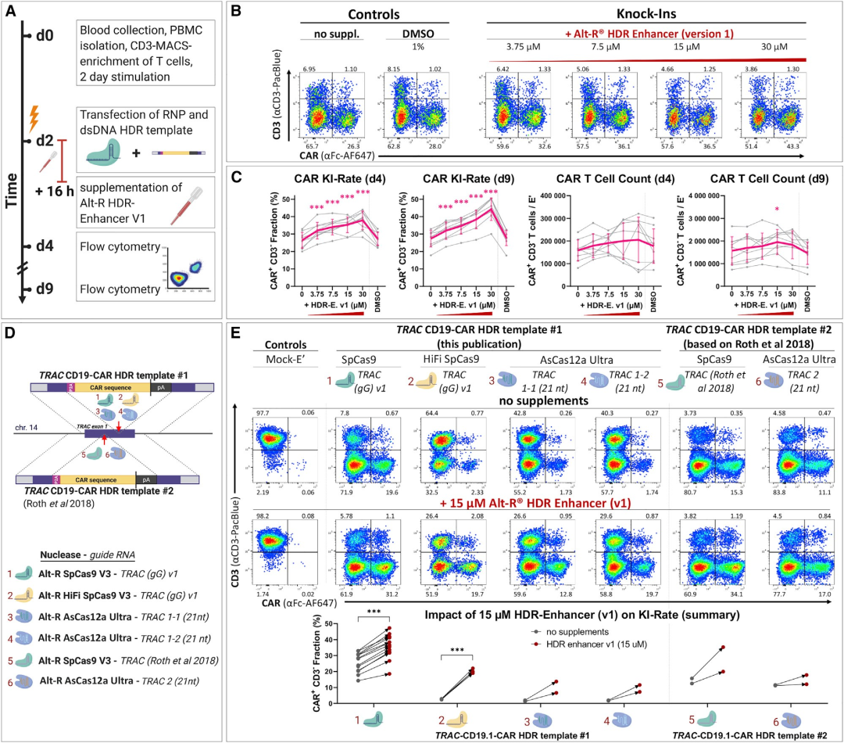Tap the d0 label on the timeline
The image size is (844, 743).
tap(49, 35)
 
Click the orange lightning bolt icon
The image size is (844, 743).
tap(34, 118)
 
